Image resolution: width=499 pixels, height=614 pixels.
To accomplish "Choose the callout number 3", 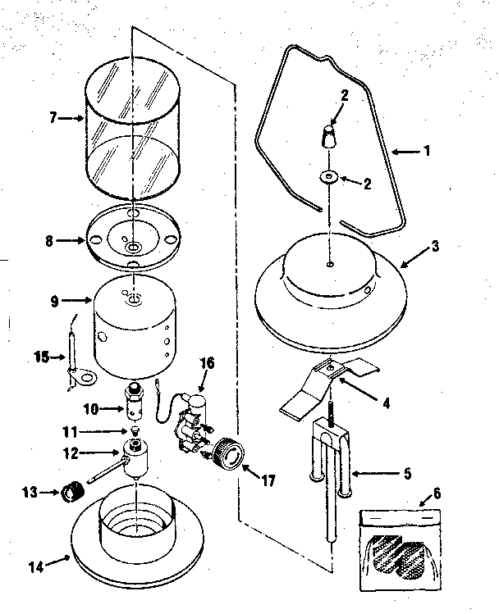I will [435, 244].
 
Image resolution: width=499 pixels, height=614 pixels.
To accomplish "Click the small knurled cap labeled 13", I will [74, 493].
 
